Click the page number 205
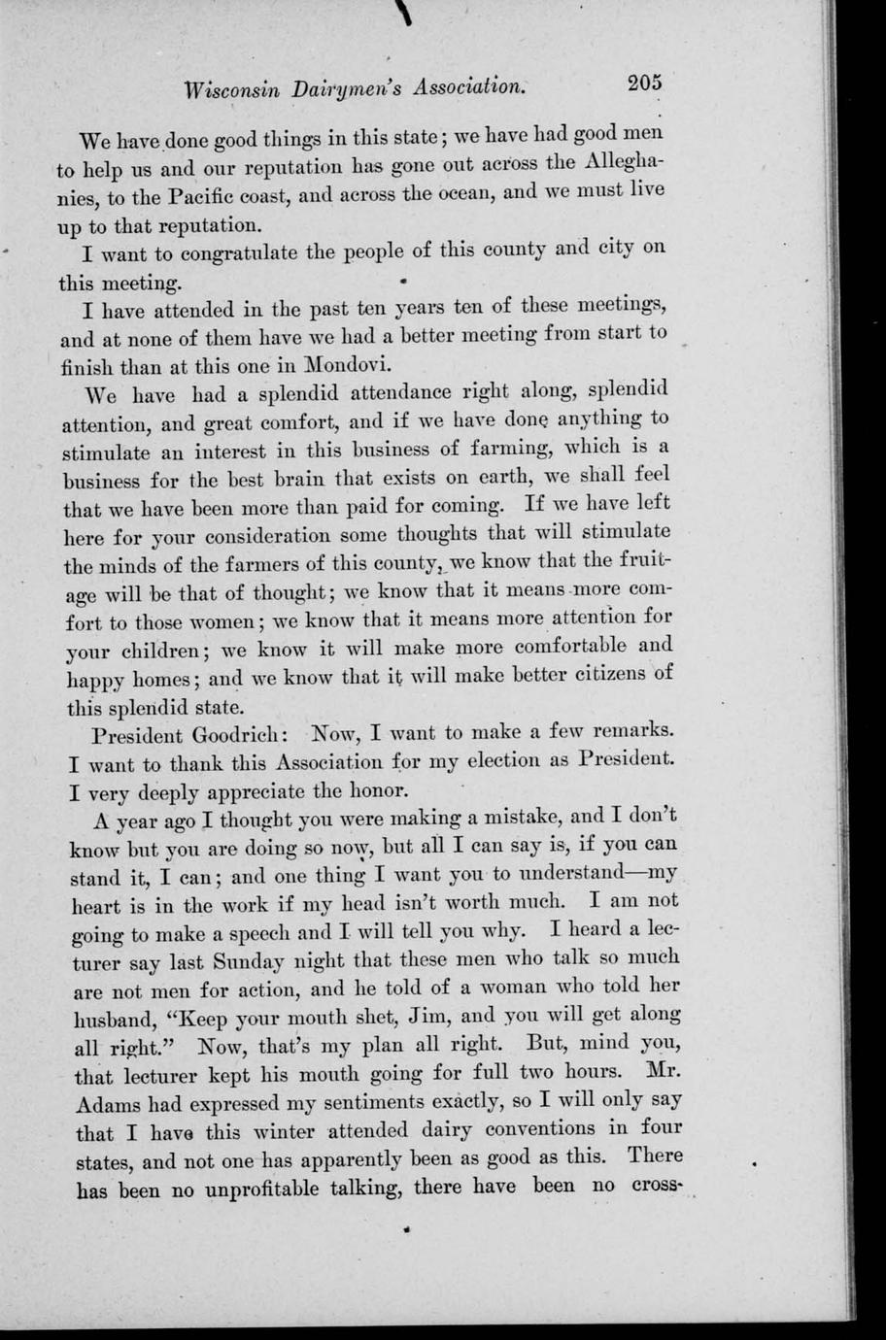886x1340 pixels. click(644, 84)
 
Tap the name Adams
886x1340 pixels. click(108, 1105)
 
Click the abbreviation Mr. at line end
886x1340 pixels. click(661, 1071)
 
